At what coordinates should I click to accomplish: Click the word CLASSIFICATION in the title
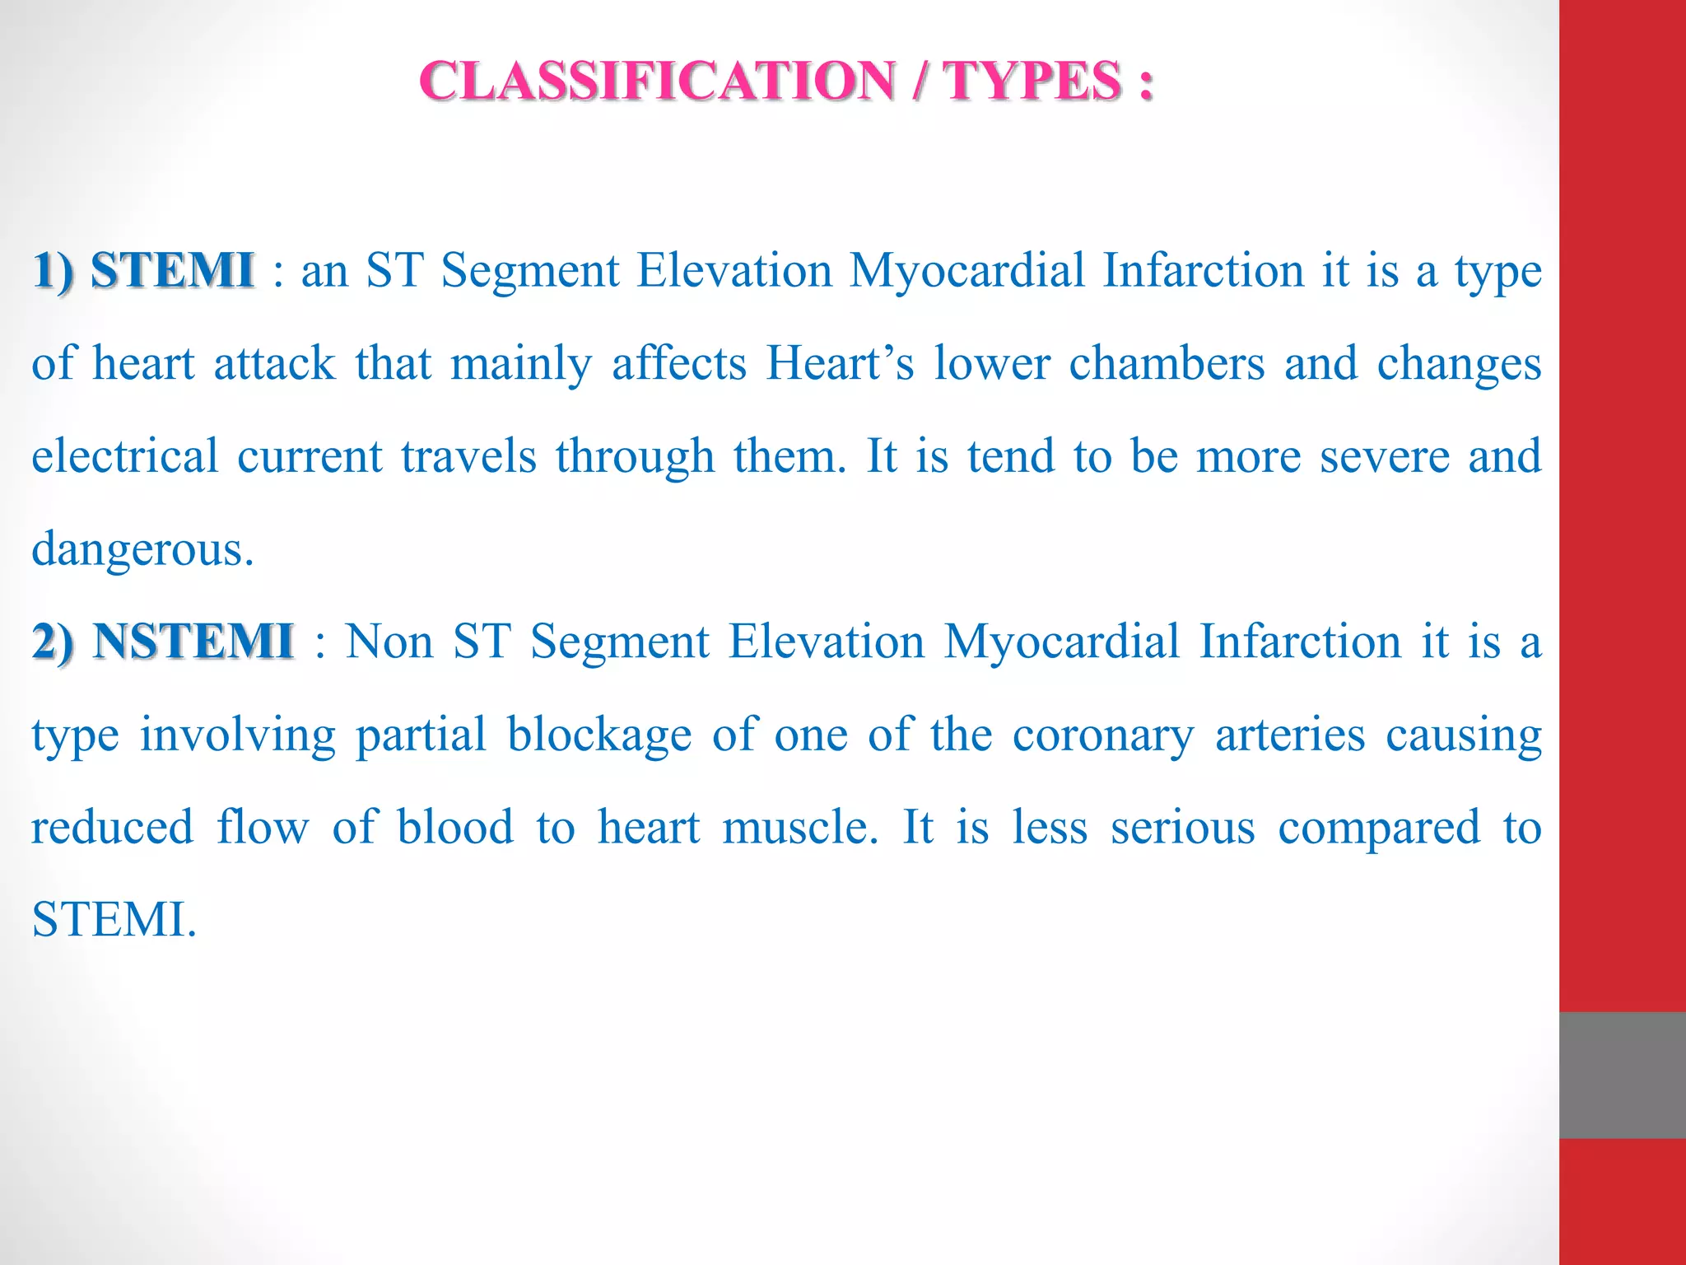pyautogui.click(x=657, y=82)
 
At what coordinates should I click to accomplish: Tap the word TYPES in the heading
pyautogui.click(x=1032, y=82)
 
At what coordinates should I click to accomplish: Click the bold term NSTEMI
pyautogui.click(x=193, y=642)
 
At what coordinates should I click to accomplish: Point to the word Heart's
pyautogui.click(x=840, y=363)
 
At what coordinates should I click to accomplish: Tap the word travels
pyautogui.click(x=469, y=456)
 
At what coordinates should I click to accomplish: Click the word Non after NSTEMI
pyautogui.click(x=389, y=642)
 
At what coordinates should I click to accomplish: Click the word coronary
pyautogui.click(x=1103, y=735)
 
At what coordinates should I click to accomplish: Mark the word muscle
pyautogui.click(x=800, y=828)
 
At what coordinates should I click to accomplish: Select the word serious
pyautogui.click(x=1183, y=828)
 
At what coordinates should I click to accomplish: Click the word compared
pyautogui.click(x=1379, y=828)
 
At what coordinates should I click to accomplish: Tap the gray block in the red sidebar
pyautogui.click(x=1623, y=1075)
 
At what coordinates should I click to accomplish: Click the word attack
pyautogui.click(x=275, y=363)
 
